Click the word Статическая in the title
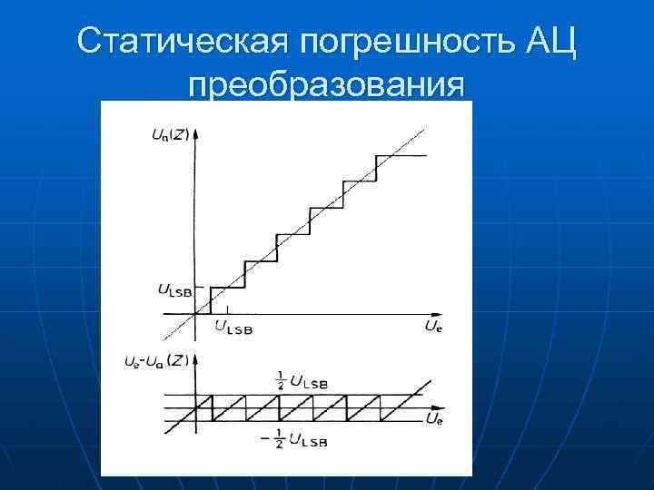[x=182, y=40]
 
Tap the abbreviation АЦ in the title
[x=550, y=40]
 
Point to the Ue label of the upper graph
[x=433, y=325]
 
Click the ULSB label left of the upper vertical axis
[x=173, y=290]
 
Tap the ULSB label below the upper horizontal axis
[x=233, y=327]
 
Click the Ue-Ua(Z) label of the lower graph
[x=155, y=360]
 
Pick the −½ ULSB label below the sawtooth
[x=298, y=442]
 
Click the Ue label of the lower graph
[x=433, y=418]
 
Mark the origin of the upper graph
[x=196, y=314]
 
